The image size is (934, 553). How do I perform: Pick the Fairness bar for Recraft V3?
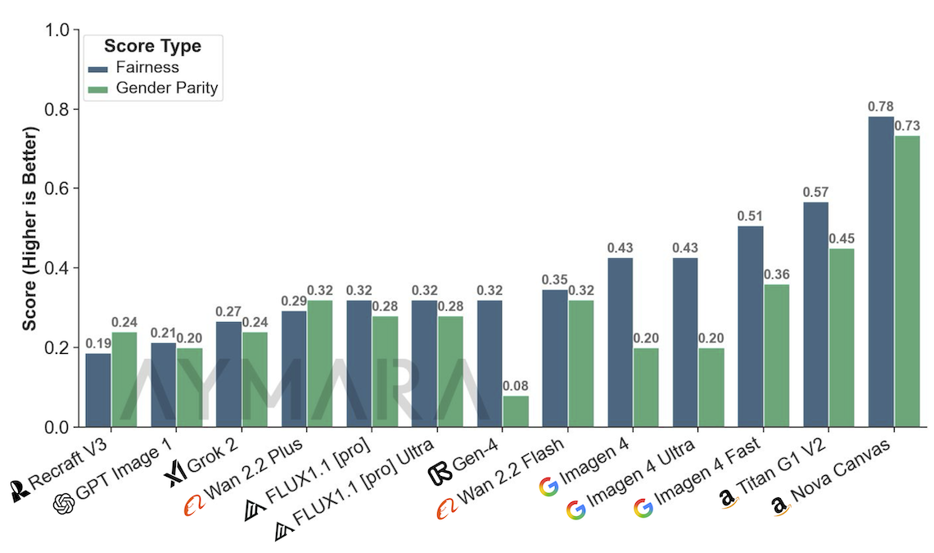point(98,390)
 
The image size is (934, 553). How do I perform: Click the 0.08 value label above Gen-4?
point(516,386)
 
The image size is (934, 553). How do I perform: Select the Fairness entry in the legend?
point(147,67)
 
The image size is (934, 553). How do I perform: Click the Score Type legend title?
point(152,46)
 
